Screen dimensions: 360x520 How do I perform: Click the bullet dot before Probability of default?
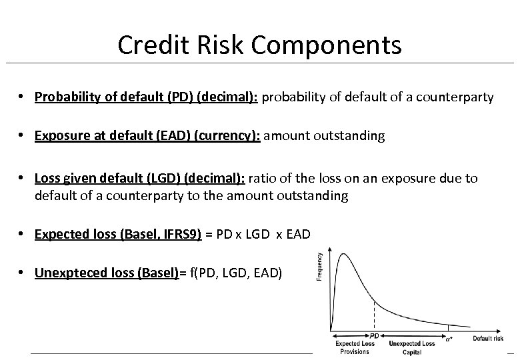point(23,97)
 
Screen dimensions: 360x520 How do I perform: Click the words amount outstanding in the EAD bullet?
point(325,136)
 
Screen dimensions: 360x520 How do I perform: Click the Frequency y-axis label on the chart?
point(319,266)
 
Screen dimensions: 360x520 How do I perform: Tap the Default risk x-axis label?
point(488,338)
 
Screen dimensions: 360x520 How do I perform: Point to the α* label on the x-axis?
point(448,338)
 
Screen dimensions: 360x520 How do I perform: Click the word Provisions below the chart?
point(354,352)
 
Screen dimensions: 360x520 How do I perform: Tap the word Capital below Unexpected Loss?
point(412,352)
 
